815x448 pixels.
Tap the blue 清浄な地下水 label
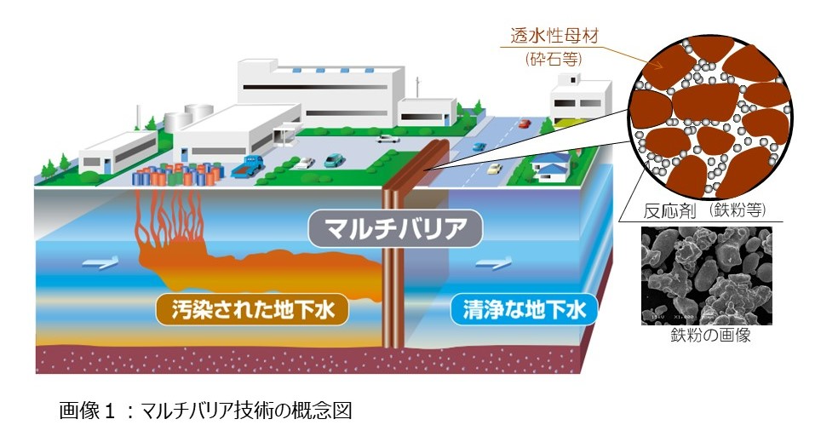(x=524, y=311)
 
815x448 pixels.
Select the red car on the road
(x=524, y=123)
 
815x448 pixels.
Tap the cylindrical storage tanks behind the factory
(x=192, y=117)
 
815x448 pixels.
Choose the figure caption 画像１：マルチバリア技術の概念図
(x=204, y=411)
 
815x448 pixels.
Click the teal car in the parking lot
(x=335, y=158)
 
